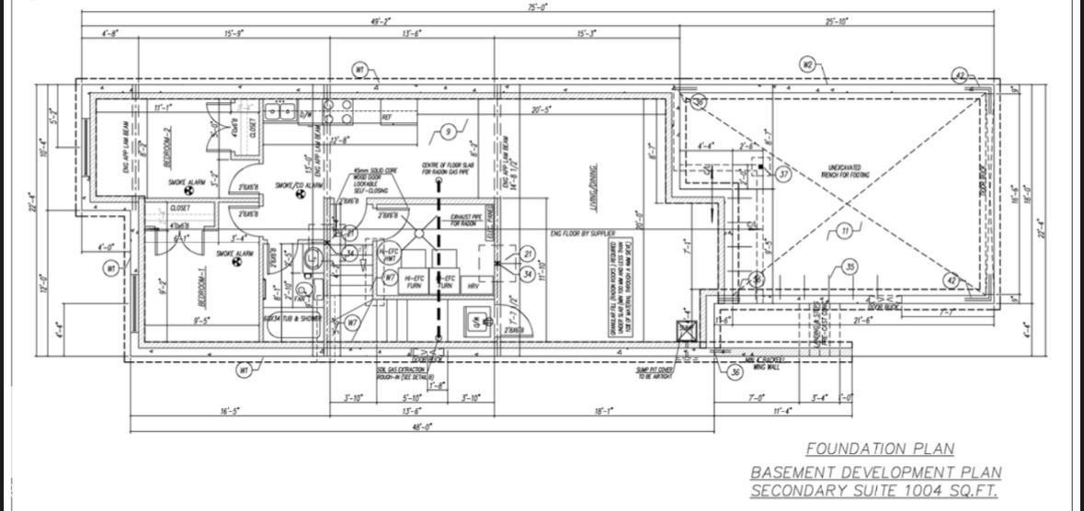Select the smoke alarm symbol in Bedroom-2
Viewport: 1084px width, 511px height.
(188, 191)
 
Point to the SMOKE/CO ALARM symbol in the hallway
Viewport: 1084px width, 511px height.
(300, 194)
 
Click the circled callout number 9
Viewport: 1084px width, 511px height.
(448, 132)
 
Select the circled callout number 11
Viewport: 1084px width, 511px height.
(844, 232)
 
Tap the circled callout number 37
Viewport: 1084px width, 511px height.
(783, 174)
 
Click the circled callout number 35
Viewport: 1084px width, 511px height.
(850, 267)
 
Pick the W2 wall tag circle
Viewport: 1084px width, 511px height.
(808, 64)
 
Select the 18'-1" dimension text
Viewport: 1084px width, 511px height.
(603, 412)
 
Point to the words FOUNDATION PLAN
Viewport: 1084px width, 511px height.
(880, 449)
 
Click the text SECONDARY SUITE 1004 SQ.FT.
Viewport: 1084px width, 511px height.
(873, 491)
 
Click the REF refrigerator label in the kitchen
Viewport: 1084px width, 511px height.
(387, 118)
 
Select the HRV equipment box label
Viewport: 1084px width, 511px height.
(473, 286)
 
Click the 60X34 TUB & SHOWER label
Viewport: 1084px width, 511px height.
(292, 318)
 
